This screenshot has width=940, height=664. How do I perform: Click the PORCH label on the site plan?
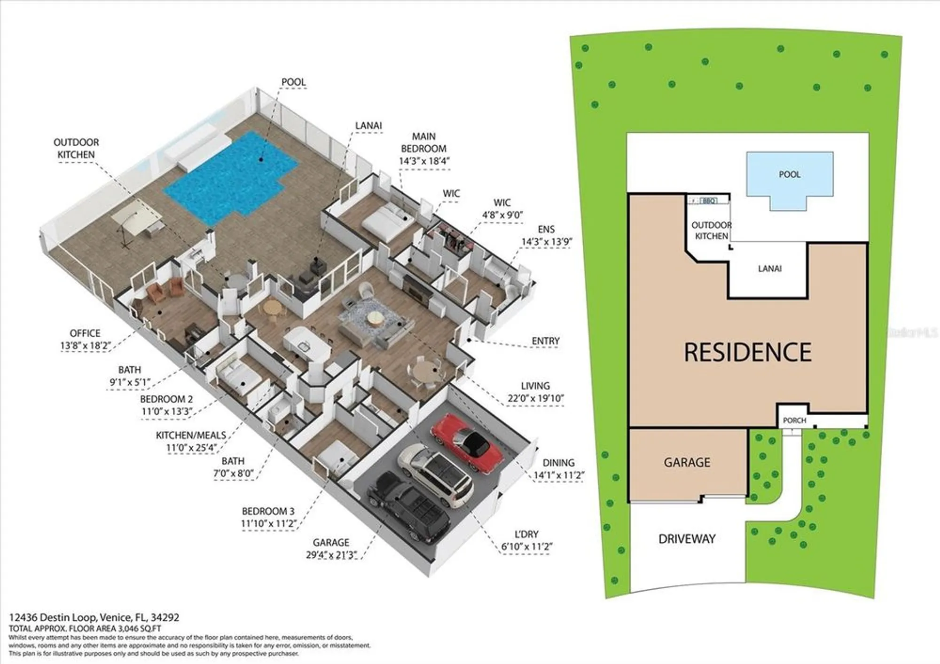(x=794, y=420)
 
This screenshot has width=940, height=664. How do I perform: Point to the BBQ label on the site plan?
(x=709, y=201)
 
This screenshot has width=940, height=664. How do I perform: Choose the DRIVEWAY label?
(x=687, y=539)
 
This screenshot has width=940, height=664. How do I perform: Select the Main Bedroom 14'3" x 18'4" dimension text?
(x=424, y=161)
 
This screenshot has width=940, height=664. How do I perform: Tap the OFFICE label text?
(x=85, y=333)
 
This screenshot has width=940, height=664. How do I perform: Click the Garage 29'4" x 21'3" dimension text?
(x=331, y=555)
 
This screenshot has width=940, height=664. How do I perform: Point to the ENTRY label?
(x=545, y=340)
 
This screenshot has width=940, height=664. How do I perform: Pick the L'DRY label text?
(x=526, y=534)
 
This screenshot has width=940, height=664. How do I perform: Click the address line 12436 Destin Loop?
(x=94, y=617)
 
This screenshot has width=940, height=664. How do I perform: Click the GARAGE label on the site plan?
(x=687, y=462)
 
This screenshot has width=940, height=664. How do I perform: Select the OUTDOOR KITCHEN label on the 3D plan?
(x=76, y=148)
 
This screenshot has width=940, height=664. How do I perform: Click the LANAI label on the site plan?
(x=769, y=269)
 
